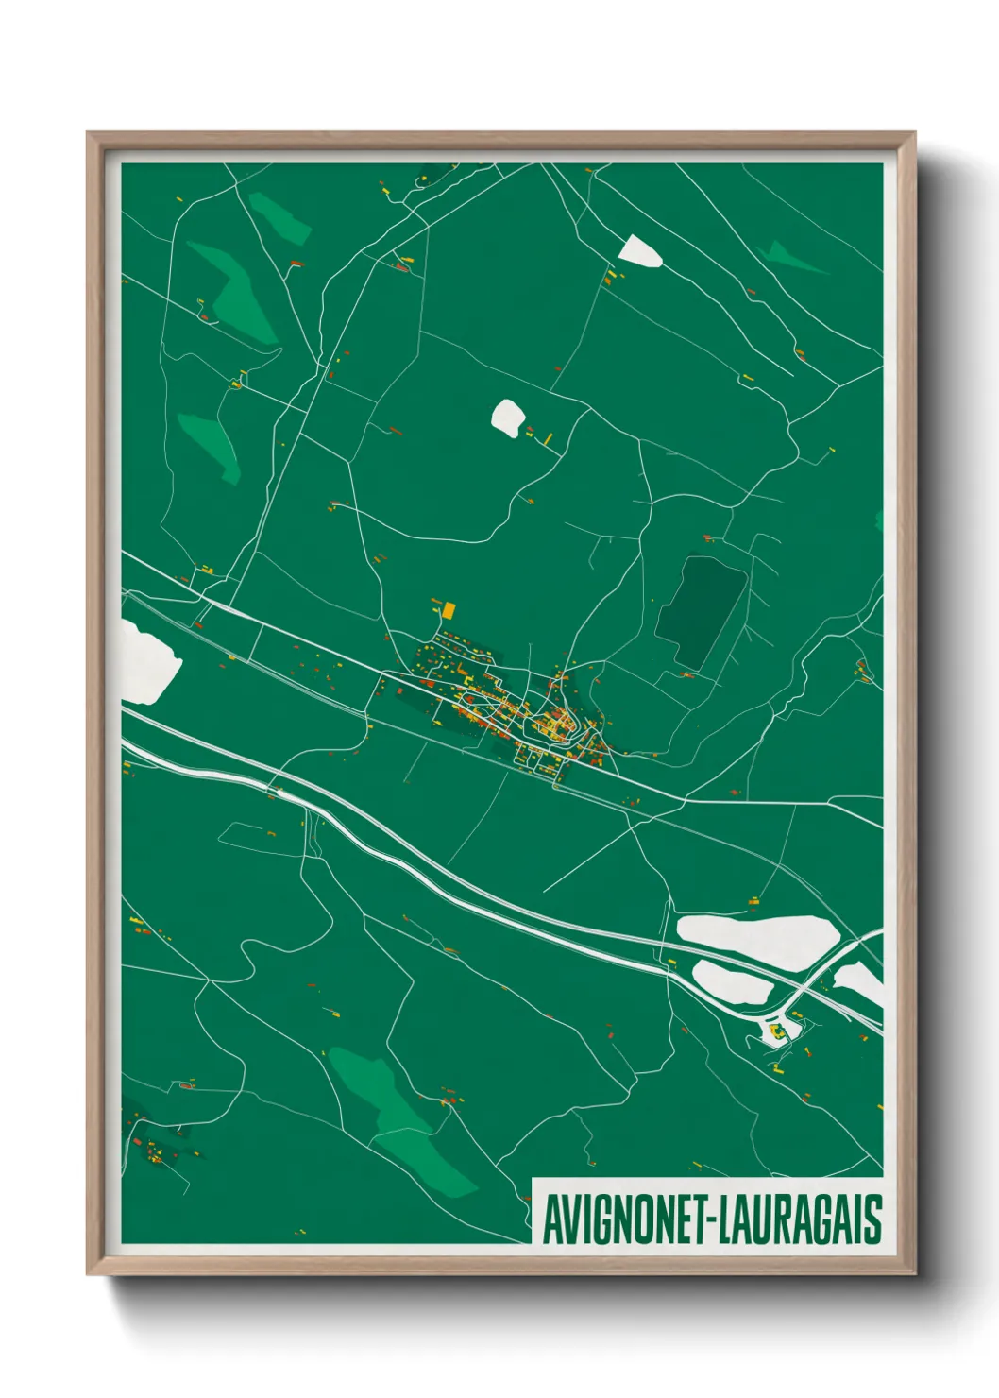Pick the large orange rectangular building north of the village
click(449, 610)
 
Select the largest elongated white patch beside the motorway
click(758, 934)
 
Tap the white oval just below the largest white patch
click(731, 982)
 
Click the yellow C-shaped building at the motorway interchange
click(776, 1031)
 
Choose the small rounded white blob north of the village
click(508, 417)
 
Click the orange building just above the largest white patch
click(753, 899)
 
